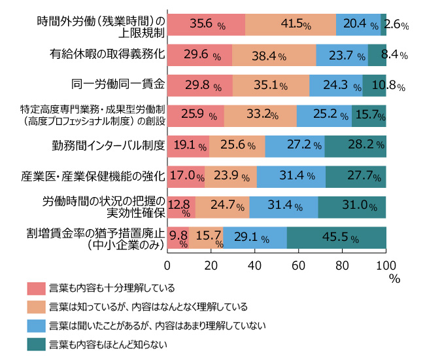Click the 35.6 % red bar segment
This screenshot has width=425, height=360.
(x=206, y=24)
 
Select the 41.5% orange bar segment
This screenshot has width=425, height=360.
(x=290, y=24)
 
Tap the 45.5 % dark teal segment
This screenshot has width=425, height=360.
(x=336, y=236)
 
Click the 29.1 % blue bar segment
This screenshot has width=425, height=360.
(x=255, y=236)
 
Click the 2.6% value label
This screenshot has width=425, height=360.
(x=397, y=25)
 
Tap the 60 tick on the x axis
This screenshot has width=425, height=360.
(x=298, y=264)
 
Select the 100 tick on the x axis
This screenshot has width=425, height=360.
(x=385, y=264)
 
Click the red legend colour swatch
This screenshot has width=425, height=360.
(x=35, y=288)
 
